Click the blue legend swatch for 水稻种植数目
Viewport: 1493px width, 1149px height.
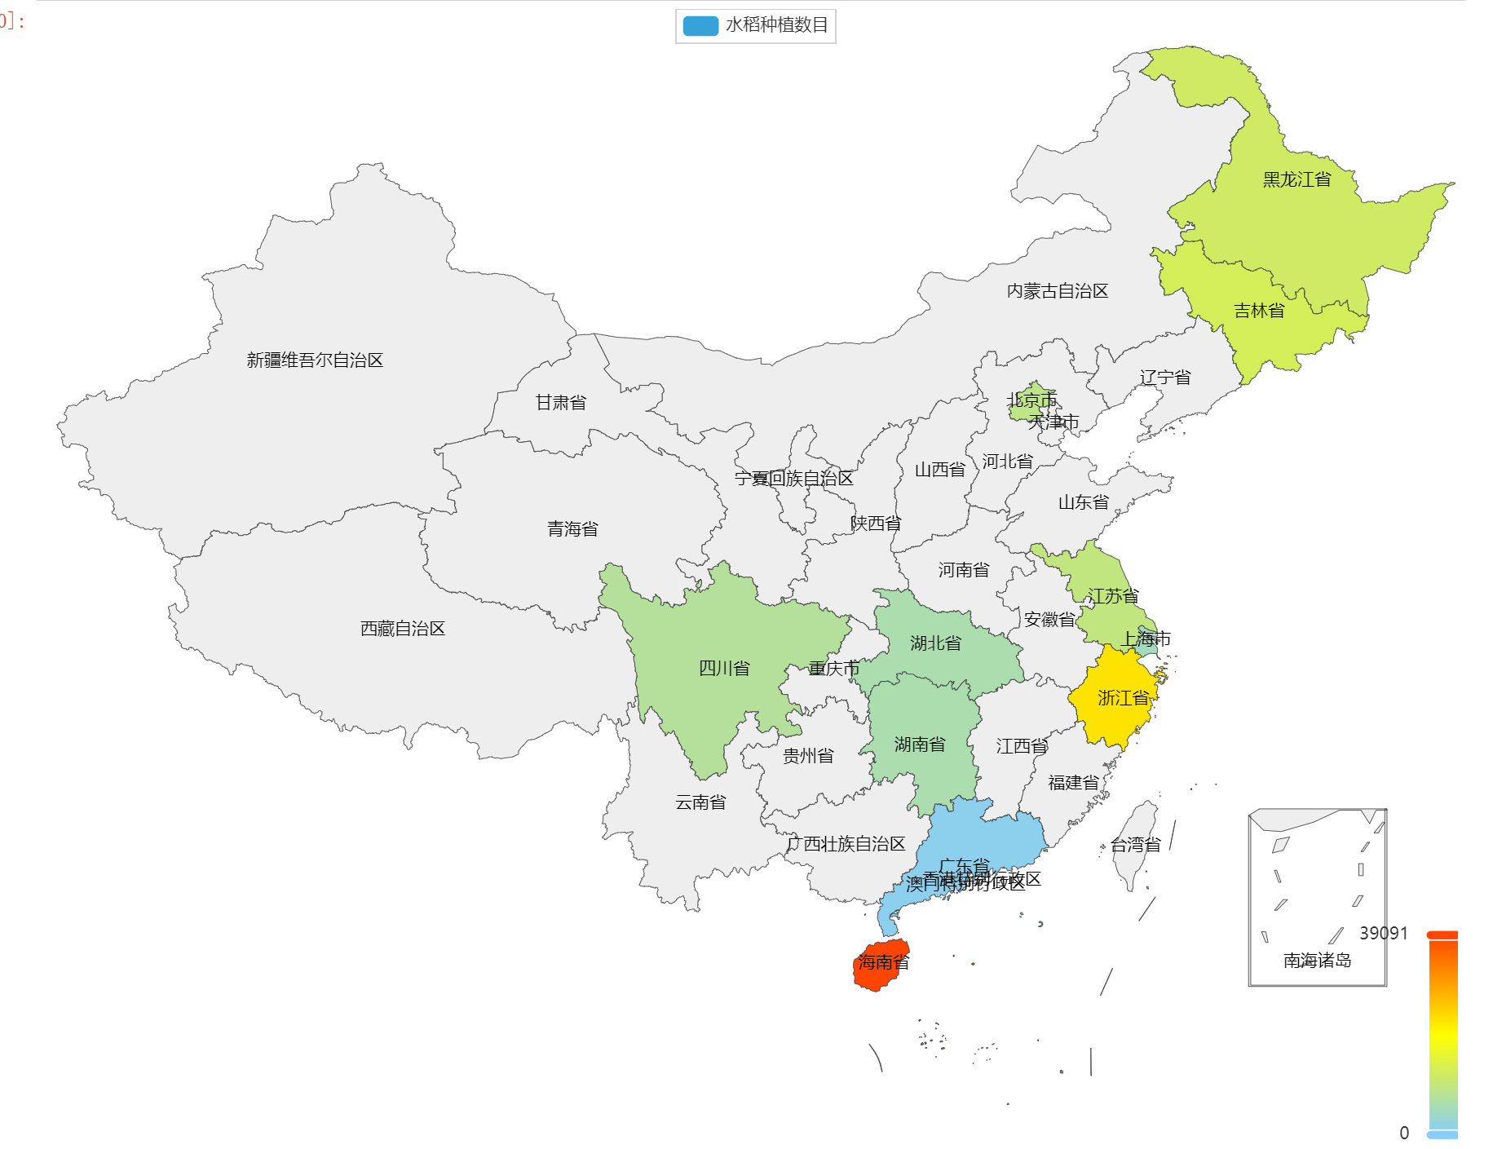(700, 26)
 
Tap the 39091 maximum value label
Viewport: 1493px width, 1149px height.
(1383, 933)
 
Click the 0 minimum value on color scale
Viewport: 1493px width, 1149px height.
(1404, 1133)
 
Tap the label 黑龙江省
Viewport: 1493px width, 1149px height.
(1296, 179)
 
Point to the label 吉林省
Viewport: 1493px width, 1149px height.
(1259, 311)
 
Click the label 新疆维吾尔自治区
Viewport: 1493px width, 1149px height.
(315, 360)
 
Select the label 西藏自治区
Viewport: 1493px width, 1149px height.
(403, 629)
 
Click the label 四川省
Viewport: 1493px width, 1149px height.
(724, 669)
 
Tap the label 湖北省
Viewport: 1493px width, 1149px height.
(935, 643)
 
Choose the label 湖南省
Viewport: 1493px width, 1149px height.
(920, 745)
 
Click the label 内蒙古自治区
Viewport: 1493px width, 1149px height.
(1058, 291)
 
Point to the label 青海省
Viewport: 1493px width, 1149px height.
(572, 529)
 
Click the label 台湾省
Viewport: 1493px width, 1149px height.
(1135, 846)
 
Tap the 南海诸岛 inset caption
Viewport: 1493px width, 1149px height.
(1317, 961)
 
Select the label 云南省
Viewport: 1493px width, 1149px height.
(700, 802)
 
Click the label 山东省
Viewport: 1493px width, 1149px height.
(1083, 502)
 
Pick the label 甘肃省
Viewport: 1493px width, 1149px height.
(560, 403)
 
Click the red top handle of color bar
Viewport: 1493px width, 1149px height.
(1442, 935)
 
